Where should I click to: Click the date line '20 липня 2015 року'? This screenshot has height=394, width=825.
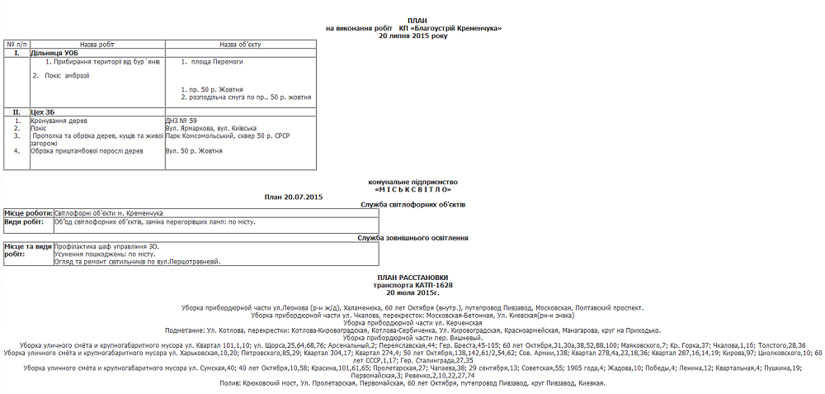(413, 36)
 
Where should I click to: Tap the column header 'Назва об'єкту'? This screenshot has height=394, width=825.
(240, 44)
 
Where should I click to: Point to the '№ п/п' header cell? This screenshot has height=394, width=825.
(17, 44)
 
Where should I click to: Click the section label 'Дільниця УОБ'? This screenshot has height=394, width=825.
(54, 53)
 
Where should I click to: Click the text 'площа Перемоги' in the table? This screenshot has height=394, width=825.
(217, 62)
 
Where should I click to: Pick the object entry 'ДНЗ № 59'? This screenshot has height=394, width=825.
(181, 121)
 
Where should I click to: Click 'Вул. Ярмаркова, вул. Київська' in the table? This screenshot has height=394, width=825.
(210, 128)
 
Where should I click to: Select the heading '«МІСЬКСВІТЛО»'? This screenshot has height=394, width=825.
(412, 188)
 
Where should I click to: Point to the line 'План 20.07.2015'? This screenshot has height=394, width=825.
(294, 197)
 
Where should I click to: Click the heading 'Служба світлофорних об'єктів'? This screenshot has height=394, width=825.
(413, 203)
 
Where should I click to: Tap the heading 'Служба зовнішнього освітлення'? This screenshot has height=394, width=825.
(413, 238)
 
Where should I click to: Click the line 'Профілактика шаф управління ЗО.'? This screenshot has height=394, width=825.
(106, 246)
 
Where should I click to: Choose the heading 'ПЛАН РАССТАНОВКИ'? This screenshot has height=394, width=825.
(412, 278)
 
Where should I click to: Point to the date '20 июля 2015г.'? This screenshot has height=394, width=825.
(412, 292)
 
